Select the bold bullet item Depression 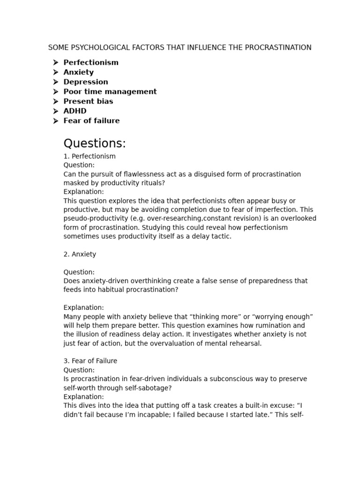(86, 82)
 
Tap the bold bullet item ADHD (75, 111)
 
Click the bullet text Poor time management (110, 92)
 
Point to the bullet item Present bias (88, 101)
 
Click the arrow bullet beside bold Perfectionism (56, 62)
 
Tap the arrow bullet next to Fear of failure (56, 121)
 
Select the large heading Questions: (95, 143)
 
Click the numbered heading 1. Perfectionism (90, 156)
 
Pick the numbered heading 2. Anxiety (80, 254)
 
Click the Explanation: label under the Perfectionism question (83, 192)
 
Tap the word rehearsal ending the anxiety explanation (246, 343)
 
